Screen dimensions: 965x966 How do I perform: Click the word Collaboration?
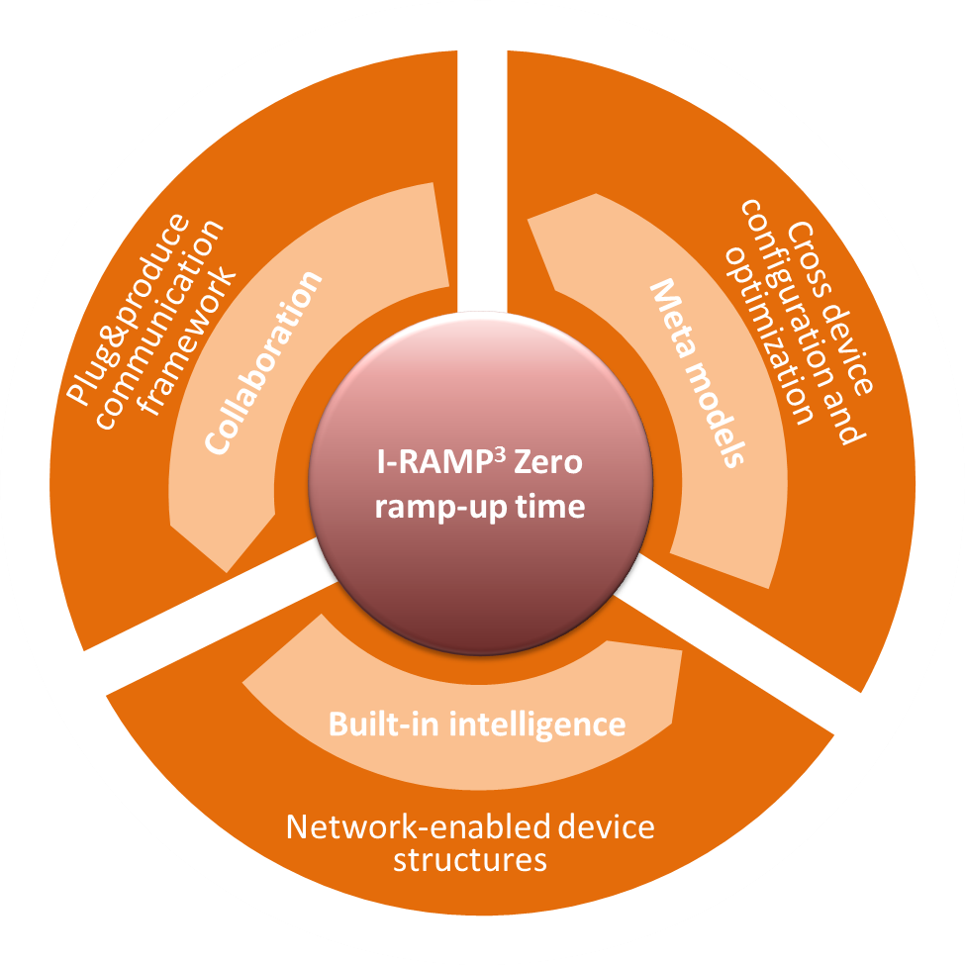coord(263,363)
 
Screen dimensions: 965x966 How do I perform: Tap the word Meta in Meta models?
coord(673,319)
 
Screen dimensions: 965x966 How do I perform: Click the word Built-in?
coord(383,724)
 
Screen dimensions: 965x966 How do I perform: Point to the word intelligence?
coord(537,724)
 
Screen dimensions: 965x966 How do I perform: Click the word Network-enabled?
coord(419,826)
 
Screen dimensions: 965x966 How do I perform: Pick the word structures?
coord(470,860)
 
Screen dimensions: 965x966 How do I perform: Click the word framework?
coord(186,342)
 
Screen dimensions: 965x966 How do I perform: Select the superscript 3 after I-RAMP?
coord(500,454)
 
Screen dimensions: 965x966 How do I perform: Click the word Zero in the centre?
coord(547,462)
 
